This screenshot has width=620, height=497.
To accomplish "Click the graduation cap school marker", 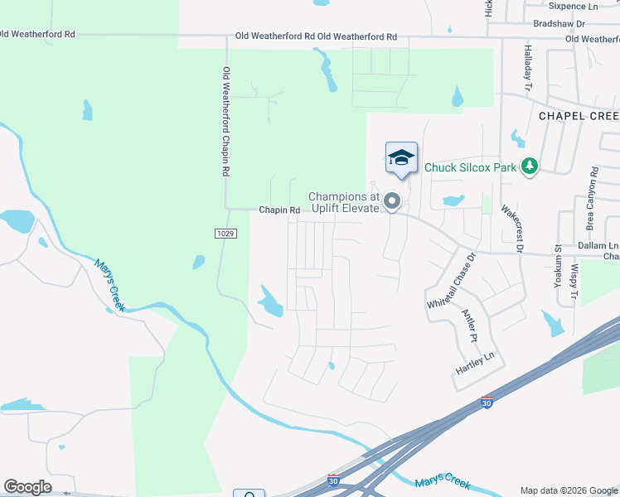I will click(x=401, y=157).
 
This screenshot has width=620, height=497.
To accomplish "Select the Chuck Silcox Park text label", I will click(x=470, y=167).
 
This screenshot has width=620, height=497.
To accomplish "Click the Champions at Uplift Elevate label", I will click(x=343, y=202).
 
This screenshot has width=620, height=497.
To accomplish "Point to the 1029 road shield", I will click(x=230, y=234).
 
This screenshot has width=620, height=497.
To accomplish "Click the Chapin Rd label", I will click(x=279, y=210).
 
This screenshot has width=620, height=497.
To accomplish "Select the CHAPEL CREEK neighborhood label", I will click(x=579, y=116).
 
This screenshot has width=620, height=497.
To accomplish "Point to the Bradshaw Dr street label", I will click(x=559, y=25).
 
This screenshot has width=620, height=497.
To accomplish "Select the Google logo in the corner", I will click(x=27, y=487).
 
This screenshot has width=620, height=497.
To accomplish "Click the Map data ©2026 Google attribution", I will click(x=569, y=490).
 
